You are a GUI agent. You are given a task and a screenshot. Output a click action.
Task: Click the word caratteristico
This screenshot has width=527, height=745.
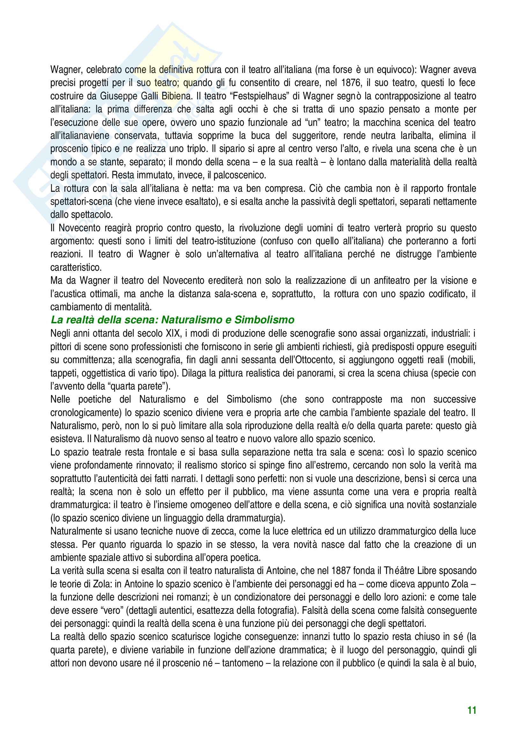click(76, 268)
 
